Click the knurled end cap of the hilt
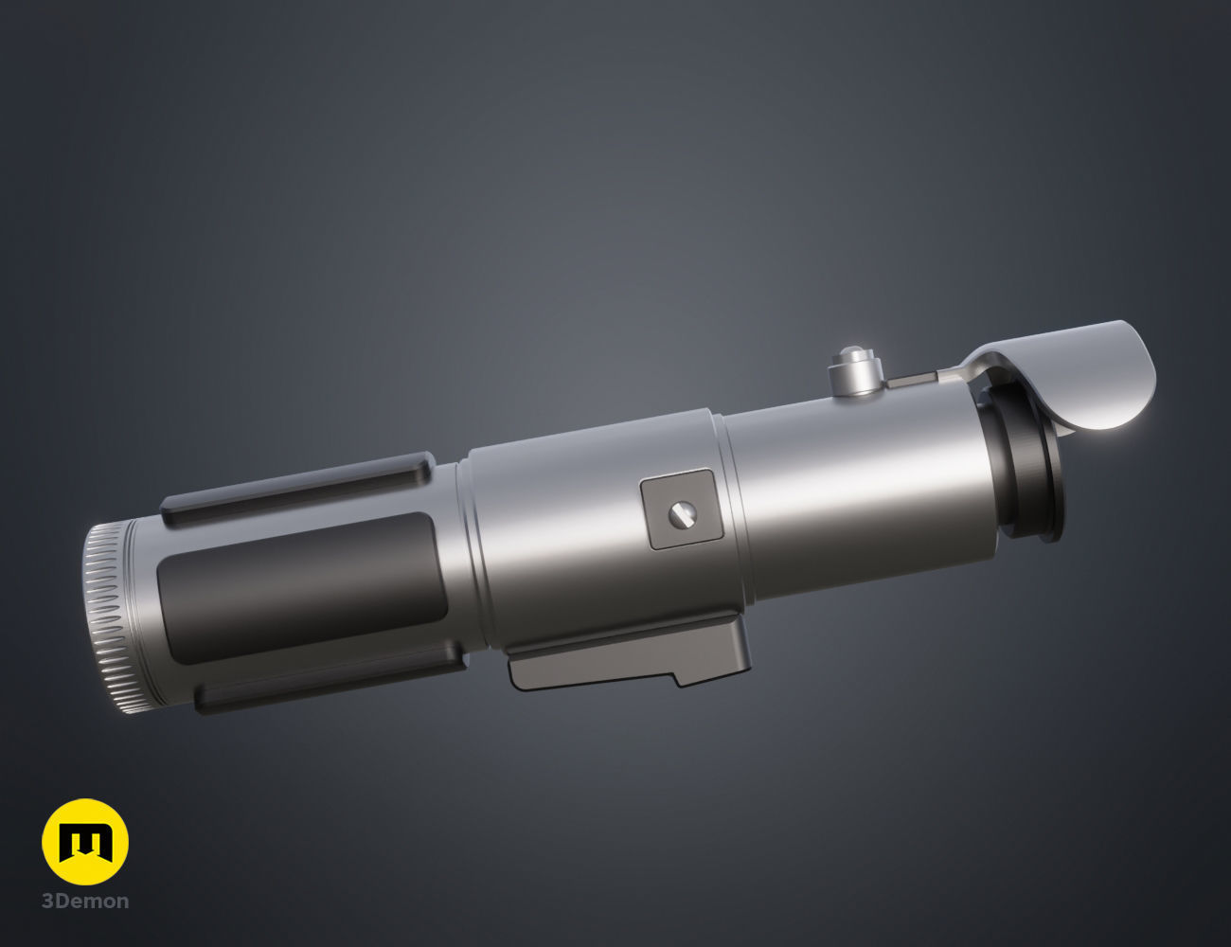coord(109,620)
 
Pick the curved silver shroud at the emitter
coord(1070,369)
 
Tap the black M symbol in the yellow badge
coord(85,842)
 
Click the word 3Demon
coord(85,902)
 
